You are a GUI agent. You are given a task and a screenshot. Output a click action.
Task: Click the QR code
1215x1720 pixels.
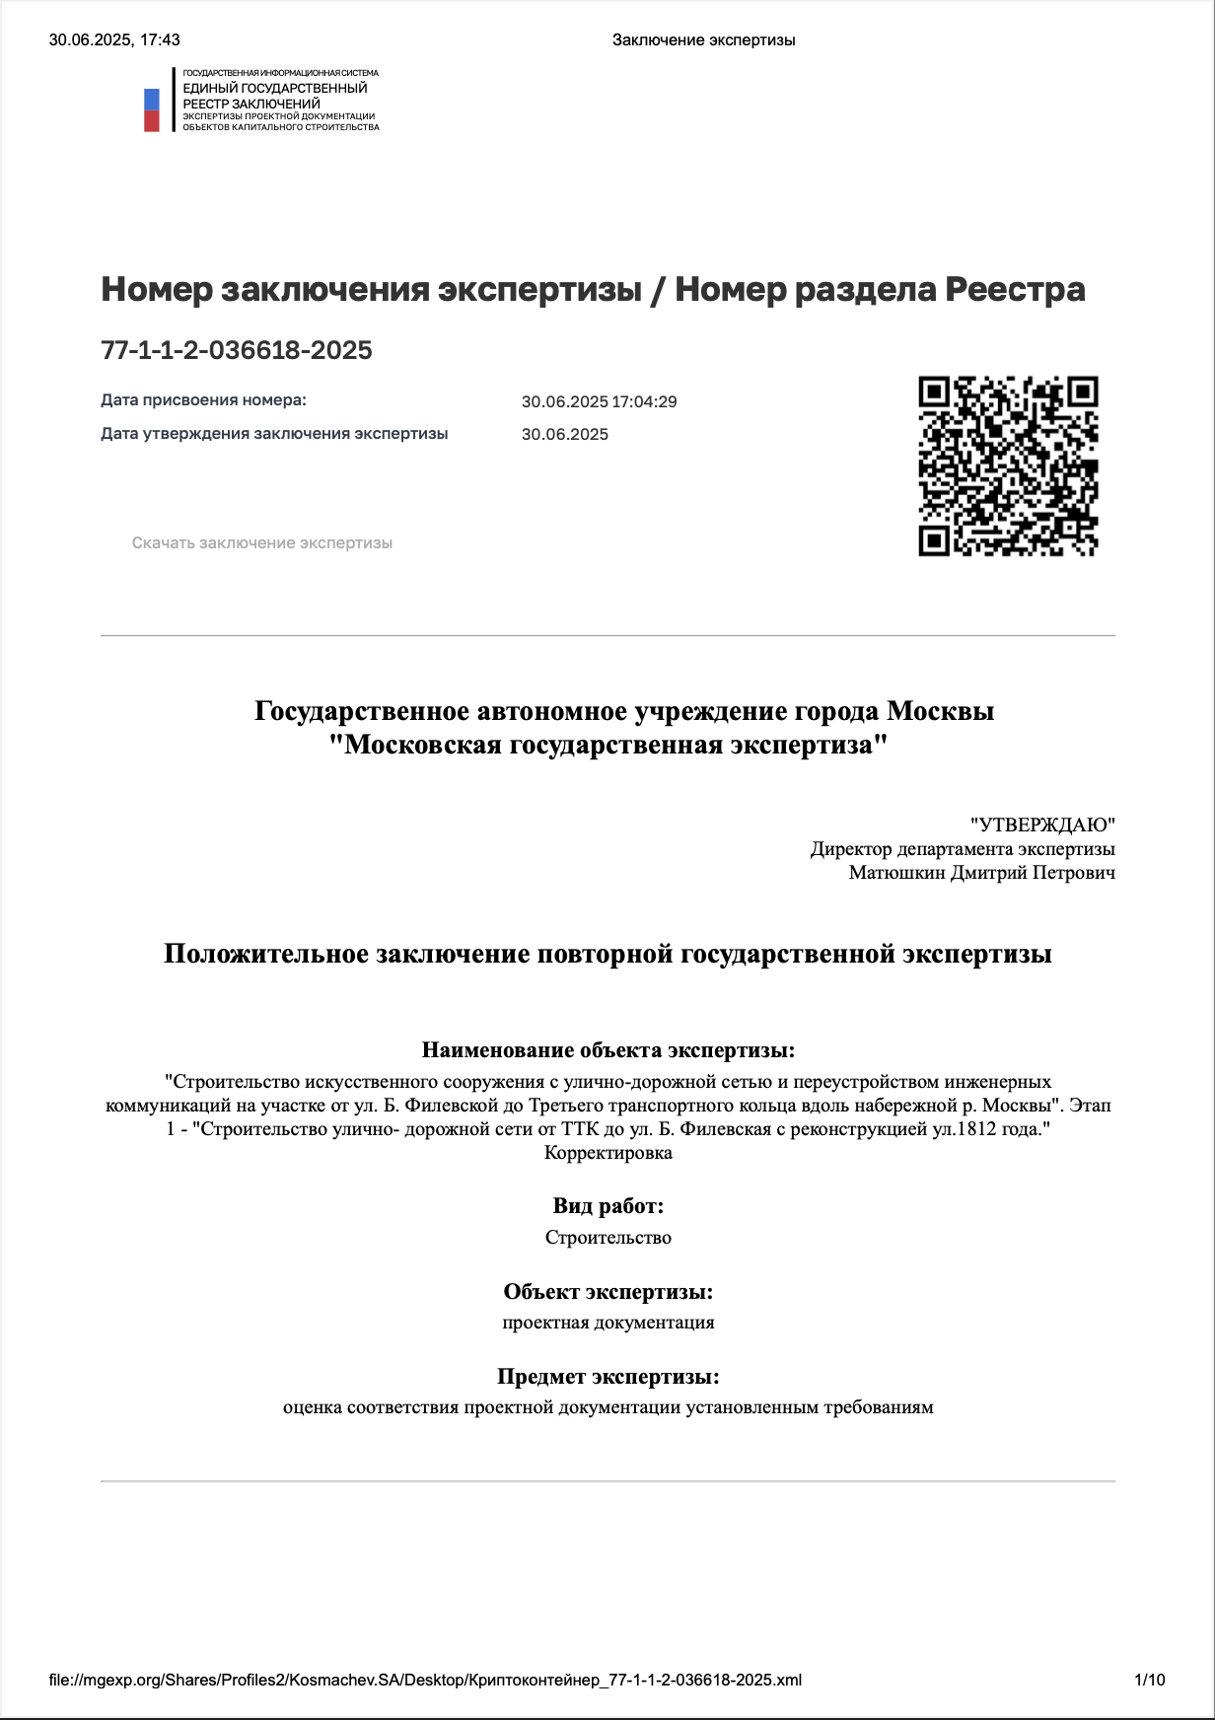tap(1008, 466)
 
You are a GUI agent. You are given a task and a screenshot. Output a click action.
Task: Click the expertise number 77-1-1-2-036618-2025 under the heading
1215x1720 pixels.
tap(237, 350)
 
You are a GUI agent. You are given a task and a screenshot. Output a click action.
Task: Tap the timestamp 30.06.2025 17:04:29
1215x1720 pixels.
tap(599, 401)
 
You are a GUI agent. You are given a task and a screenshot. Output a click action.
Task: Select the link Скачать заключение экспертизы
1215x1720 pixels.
tap(262, 543)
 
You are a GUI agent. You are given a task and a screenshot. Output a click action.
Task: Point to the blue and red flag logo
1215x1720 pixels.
tap(152, 109)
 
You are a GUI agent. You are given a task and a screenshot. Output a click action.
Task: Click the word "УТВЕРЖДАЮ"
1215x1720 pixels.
tap(1042, 824)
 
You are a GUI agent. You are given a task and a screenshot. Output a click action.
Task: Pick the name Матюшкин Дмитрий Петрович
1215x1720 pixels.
tap(981, 873)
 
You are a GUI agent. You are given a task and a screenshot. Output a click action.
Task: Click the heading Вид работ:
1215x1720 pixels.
tap(607, 1206)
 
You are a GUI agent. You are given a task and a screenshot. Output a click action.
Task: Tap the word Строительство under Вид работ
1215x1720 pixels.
tap(607, 1238)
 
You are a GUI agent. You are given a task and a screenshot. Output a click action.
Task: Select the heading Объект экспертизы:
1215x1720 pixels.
tap(607, 1292)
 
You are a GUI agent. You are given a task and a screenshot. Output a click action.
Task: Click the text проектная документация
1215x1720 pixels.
tap(607, 1323)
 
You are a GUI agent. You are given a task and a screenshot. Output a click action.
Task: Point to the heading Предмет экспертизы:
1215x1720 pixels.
tap(607, 1377)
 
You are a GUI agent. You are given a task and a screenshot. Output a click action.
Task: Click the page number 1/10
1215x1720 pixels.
tap(1150, 1680)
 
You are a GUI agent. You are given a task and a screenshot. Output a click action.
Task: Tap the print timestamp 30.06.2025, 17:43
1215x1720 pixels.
tap(114, 40)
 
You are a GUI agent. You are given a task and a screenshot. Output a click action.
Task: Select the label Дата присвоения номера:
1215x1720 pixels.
tap(203, 400)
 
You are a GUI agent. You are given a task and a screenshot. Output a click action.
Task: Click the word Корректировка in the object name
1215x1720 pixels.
tap(607, 1153)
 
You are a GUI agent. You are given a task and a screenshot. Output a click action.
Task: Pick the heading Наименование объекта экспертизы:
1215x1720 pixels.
tap(607, 1050)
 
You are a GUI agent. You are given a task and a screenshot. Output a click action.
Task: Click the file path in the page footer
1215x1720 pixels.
tap(425, 1680)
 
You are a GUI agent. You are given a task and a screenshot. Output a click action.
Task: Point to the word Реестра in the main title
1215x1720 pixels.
tap(1015, 290)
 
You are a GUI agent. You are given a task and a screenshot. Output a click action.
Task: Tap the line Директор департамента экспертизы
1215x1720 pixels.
tap(963, 849)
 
